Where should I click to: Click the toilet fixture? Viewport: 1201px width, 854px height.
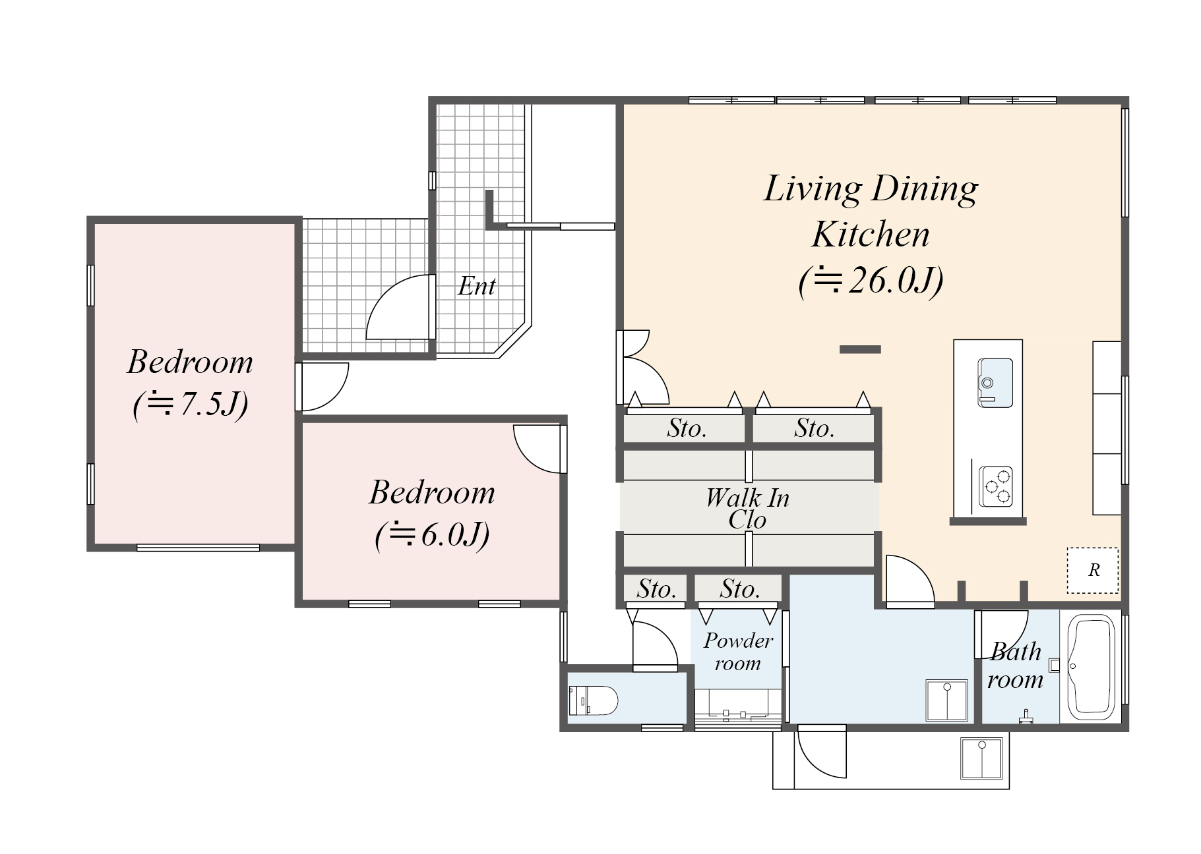click(593, 700)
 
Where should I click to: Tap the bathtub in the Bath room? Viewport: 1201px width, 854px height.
click(1092, 667)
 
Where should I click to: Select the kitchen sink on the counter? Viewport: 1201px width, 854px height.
click(995, 383)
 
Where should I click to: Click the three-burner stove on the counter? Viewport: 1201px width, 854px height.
click(995, 486)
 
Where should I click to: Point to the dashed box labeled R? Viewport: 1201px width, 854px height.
click(1093, 570)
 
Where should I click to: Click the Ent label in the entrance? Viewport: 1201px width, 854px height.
click(476, 286)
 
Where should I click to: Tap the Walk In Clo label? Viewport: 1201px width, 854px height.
click(747, 508)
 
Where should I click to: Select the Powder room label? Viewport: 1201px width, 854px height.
click(738, 652)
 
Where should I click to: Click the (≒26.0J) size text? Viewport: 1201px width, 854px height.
click(871, 281)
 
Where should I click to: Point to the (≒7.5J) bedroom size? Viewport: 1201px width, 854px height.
click(191, 403)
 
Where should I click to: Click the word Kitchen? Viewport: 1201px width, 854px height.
click(871, 235)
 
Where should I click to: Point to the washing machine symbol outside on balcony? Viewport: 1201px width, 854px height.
click(981, 758)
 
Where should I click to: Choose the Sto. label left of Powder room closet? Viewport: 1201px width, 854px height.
click(656, 588)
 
